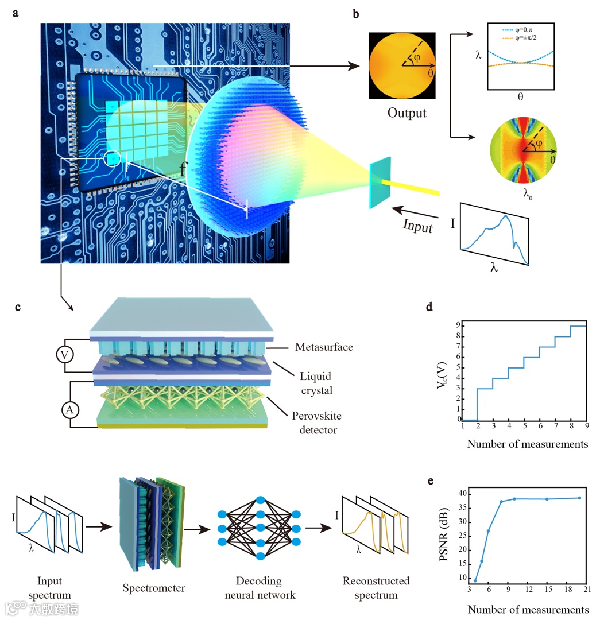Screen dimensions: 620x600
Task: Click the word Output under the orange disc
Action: coord(407,113)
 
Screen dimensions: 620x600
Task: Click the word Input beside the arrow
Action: coord(417,226)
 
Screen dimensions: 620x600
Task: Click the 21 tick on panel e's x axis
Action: coord(586,590)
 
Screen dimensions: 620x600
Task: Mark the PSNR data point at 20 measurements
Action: coord(579,498)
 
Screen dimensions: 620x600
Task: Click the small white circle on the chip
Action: coord(113,158)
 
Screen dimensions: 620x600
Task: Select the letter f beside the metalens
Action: coord(183,170)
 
